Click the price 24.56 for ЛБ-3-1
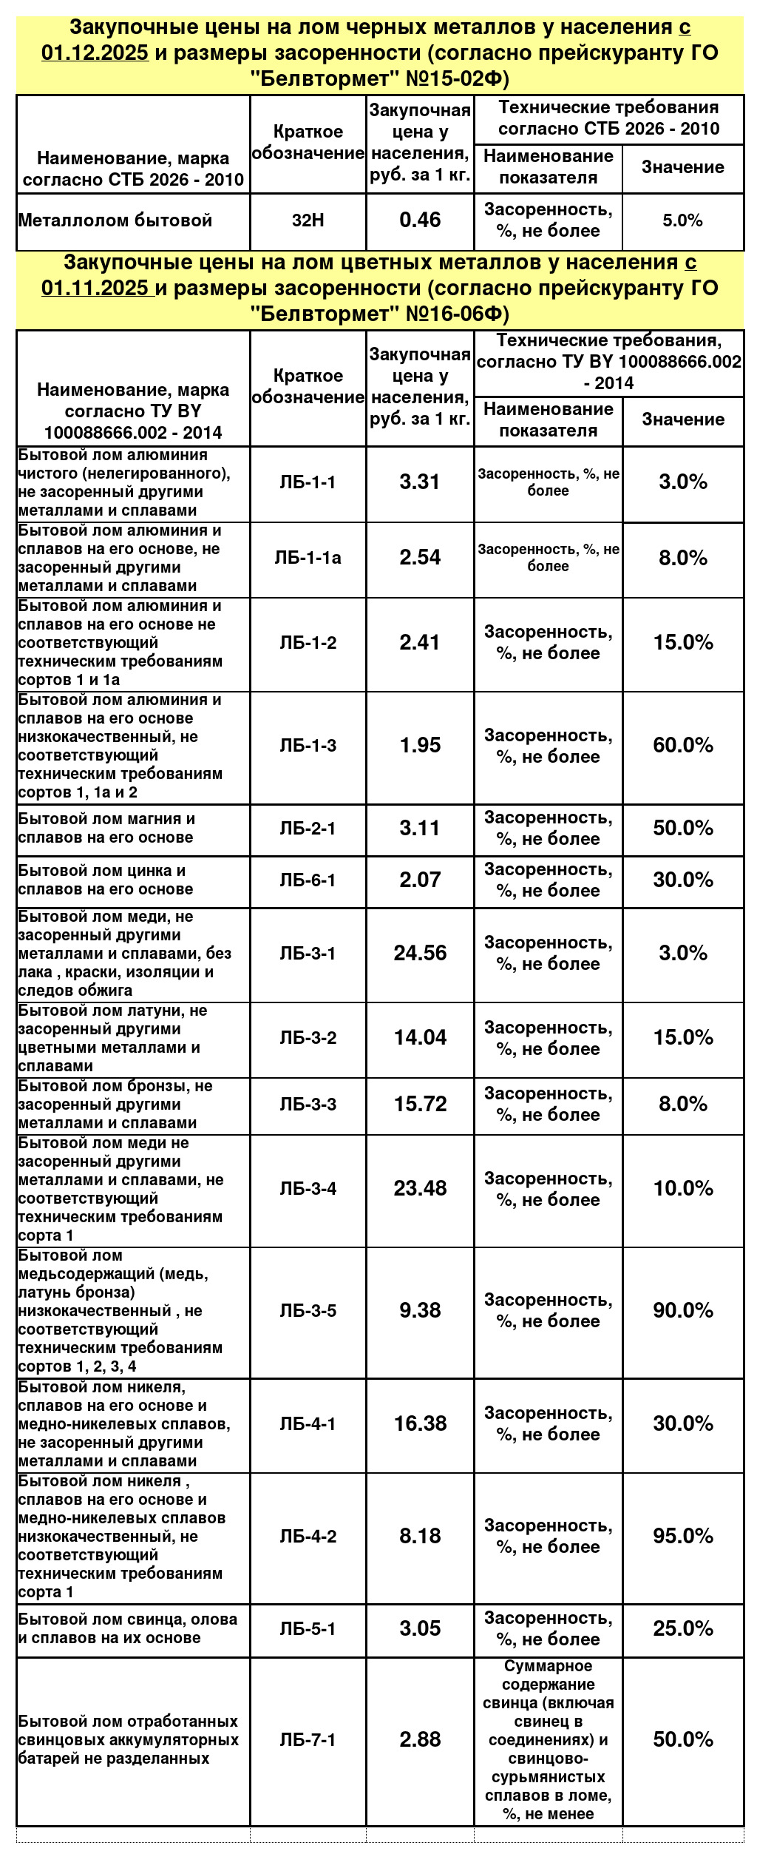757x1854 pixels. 420,953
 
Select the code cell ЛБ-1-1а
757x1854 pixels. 308,558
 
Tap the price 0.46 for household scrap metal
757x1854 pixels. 420,220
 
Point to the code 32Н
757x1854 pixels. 308,220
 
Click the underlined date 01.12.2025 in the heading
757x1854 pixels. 95,53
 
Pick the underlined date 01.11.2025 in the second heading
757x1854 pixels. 95,289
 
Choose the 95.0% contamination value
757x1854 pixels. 682,1536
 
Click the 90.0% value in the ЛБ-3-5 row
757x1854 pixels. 682,1310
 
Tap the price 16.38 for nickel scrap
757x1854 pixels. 420,1423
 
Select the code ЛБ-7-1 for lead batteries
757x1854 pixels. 308,1739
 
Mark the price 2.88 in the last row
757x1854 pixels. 420,1739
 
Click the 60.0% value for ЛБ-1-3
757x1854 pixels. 682,745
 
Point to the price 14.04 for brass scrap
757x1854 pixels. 420,1037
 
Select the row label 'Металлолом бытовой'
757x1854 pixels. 115,220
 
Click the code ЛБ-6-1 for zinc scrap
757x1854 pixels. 308,880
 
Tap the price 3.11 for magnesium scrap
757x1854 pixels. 420,828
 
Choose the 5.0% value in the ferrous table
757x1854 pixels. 682,220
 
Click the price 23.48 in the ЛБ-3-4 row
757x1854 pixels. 420,1188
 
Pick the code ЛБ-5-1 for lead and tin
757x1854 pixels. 308,1628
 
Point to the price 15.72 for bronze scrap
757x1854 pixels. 420,1104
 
